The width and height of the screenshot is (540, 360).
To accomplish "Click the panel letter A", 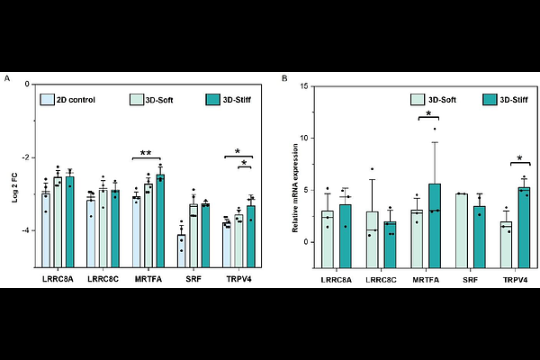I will (x=8, y=79).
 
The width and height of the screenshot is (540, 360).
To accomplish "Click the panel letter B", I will (x=285, y=79).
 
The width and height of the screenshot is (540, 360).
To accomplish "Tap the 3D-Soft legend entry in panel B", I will (x=432, y=99).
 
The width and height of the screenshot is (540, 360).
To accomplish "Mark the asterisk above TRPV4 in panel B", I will (x=521, y=160).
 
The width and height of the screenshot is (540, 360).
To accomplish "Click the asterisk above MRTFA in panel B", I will (x=428, y=114).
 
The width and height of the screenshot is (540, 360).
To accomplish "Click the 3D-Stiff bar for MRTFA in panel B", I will (x=435, y=225).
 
